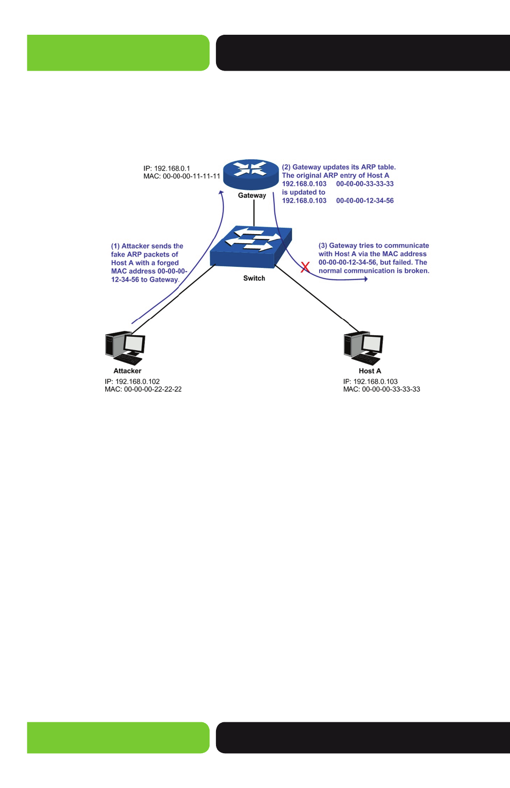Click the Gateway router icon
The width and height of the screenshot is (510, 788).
point(251,174)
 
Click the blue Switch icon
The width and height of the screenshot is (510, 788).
point(251,247)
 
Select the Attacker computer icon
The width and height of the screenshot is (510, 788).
point(125,348)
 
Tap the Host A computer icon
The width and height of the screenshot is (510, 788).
point(364,348)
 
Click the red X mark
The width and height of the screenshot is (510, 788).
point(305,267)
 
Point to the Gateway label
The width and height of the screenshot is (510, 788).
point(252,196)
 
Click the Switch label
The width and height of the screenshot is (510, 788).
point(254,279)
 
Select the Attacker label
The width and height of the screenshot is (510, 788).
point(127,371)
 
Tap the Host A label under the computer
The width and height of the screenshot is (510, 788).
point(369,371)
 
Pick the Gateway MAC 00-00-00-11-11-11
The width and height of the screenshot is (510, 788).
point(182,176)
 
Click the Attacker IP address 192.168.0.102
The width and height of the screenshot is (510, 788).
point(132,382)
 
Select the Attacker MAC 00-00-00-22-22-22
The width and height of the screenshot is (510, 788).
point(143,389)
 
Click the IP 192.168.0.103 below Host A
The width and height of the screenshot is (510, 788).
point(370,382)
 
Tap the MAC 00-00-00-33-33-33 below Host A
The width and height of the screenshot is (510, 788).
point(382,389)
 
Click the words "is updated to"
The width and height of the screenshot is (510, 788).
point(304,192)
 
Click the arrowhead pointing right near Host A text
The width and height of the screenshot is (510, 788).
point(366,279)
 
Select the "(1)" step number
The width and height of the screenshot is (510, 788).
point(115,246)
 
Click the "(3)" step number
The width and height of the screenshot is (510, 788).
point(323,245)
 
